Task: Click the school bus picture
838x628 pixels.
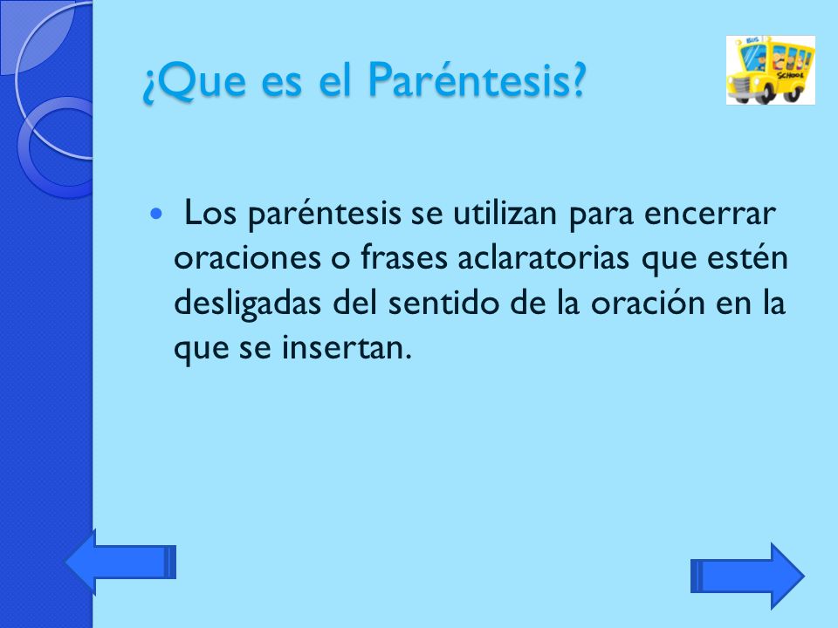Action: tap(771, 70)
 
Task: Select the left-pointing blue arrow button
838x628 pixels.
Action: tap(121, 563)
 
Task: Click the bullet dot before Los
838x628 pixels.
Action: tap(156, 214)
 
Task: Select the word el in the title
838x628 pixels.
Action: tap(336, 83)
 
